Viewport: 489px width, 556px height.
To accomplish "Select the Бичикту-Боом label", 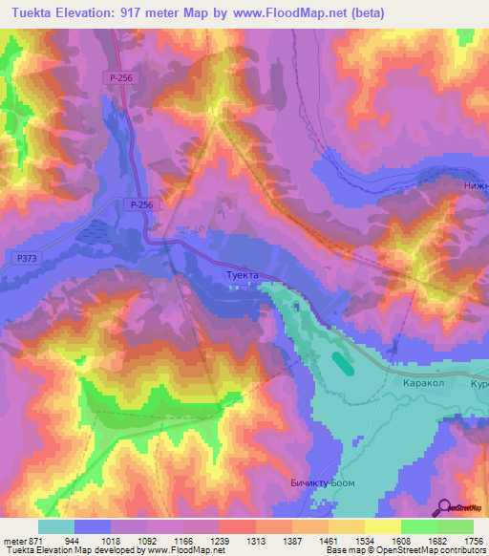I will click(x=322, y=483).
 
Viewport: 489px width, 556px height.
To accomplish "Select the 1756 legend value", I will click(x=473, y=540).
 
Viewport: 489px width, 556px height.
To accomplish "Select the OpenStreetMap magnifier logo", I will click(x=442, y=508).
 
